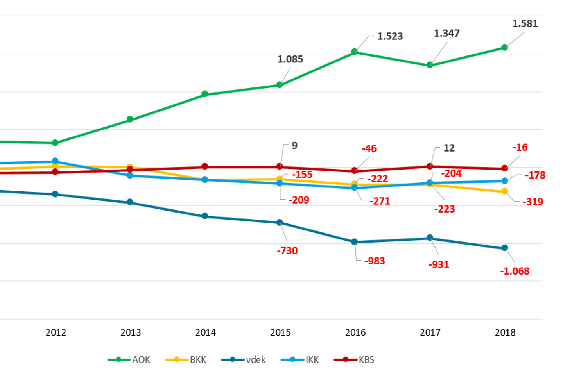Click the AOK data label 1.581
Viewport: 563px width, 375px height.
(525, 24)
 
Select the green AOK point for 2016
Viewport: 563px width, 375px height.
(355, 52)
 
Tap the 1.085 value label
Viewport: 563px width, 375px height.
(290, 59)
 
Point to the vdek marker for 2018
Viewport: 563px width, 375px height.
(505, 248)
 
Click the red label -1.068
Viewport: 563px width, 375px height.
(515, 271)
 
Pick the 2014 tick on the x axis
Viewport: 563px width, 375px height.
(205, 332)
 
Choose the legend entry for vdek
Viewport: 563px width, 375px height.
(244, 360)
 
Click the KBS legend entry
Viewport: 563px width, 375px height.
(354, 360)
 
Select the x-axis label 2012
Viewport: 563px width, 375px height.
(56, 332)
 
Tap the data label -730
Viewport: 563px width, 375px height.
(287, 251)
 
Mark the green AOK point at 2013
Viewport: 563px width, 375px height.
(130, 119)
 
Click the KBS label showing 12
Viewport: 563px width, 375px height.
(449, 148)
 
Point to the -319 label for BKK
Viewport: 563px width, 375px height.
(533, 202)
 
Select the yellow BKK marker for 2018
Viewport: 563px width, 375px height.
(505, 191)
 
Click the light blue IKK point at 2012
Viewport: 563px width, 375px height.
(55, 161)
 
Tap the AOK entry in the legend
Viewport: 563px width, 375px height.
(129, 360)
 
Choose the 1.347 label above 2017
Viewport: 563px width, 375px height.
(446, 34)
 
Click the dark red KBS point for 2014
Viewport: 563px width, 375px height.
(205, 166)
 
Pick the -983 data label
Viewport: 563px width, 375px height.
(374, 261)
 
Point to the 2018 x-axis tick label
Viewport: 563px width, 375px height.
(505, 332)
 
